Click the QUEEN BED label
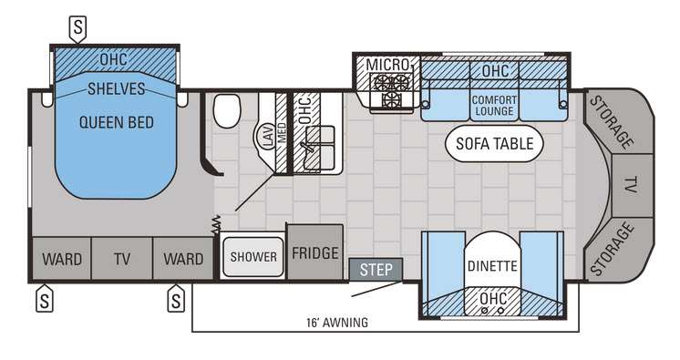pyautogui.click(x=117, y=122)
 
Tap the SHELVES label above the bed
pyautogui.click(x=117, y=89)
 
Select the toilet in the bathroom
pyautogui.click(x=227, y=111)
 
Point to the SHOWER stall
pyautogui.click(x=253, y=257)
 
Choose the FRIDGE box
pyautogui.click(x=315, y=252)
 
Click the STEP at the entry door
pyautogui.click(x=376, y=270)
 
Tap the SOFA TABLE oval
pyautogui.click(x=494, y=144)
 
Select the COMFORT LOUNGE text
pyautogui.click(x=494, y=106)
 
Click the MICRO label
pyautogui.click(x=387, y=65)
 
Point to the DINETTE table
pyautogui.click(x=492, y=264)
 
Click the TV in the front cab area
pyautogui.click(x=633, y=185)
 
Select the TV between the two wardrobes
pyautogui.click(x=122, y=259)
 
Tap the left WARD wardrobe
pyautogui.click(x=62, y=259)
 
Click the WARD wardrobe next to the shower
pyautogui.click(x=183, y=259)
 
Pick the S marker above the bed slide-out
pyautogui.click(x=77, y=28)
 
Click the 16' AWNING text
pyautogui.click(x=337, y=323)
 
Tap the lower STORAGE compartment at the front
pyautogui.click(x=616, y=249)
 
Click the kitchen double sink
pyautogui.click(x=319, y=148)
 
